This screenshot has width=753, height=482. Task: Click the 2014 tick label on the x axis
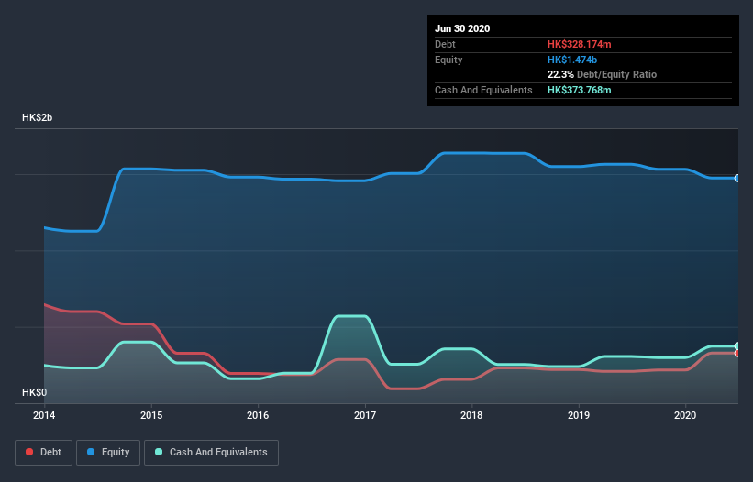coord(44,414)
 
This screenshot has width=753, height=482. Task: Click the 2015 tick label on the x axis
coord(151,414)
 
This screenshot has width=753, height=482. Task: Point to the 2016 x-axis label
coord(258,414)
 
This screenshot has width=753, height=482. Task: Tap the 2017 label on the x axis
coord(365,414)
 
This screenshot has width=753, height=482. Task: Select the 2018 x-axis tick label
coord(472,414)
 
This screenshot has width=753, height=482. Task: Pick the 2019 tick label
coord(579,414)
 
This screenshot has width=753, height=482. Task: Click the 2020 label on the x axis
coord(686,414)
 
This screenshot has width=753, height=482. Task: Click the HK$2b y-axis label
coord(39,118)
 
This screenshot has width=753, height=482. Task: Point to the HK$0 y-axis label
coord(36,392)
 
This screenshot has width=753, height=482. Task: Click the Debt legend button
coord(44,452)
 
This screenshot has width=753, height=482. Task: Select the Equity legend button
coord(108,452)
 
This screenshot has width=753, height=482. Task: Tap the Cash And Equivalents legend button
coord(211,452)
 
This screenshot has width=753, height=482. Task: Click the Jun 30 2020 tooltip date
coord(462,28)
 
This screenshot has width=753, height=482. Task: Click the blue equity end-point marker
coord(736,178)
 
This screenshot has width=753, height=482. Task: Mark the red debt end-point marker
coord(736,353)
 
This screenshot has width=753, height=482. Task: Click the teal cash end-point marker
coord(736,346)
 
